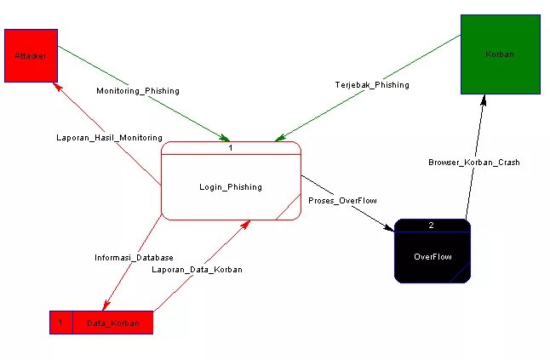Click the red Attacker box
[x=31, y=55]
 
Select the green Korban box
[x=500, y=54]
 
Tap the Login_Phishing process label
[x=231, y=187]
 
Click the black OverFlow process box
[x=433, y=256]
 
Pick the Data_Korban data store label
[x=112, y=323]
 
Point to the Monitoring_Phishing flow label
[x=138, y=90]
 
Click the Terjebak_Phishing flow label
[x=371, y=85]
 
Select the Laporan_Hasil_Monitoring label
[x=109, y=137]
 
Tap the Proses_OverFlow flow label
[x=342, y=201]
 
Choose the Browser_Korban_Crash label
[x=474, y=162]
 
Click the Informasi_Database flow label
[x=134, y=257]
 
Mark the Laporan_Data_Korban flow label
[x=197, y=270]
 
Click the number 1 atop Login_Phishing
[x=231, y=148]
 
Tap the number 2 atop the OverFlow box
[x=432, y=226]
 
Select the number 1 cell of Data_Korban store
[x=60, y=323]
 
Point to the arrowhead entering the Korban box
[x=484, y=99]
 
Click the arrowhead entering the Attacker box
[x=55, y=86]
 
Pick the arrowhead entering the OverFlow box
[x=390, y=228]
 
